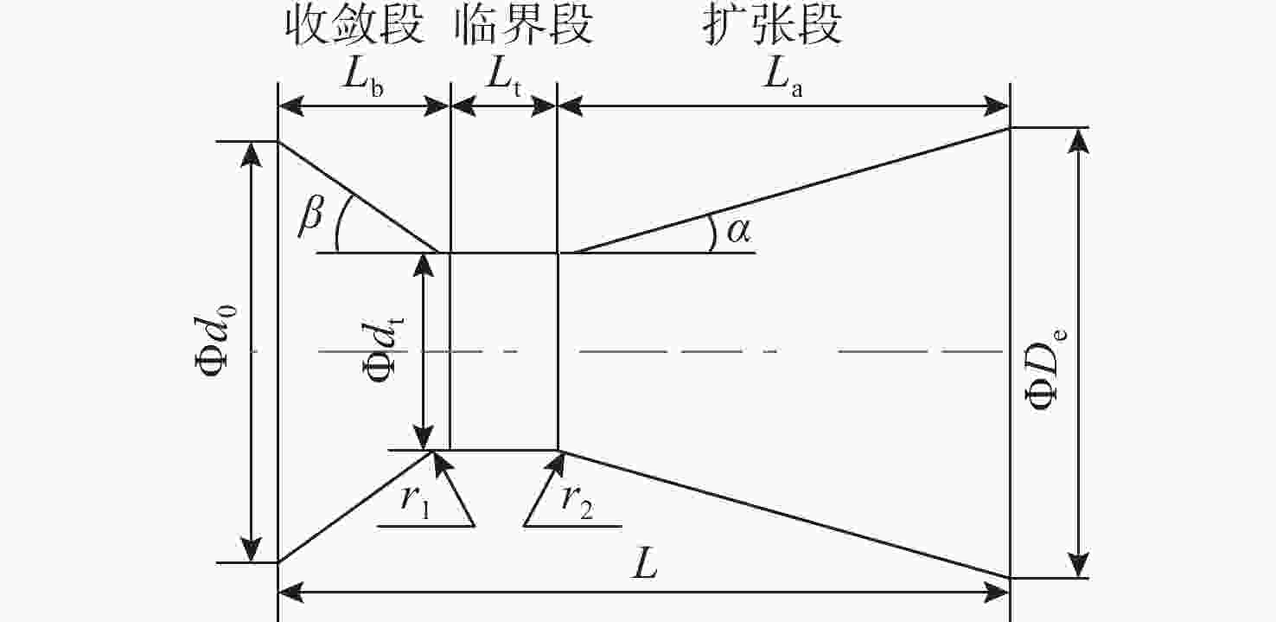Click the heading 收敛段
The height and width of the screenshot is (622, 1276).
coord(355,25)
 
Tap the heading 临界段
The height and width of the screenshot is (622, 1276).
coord(524,25)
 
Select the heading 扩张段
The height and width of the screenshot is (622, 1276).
coord(772,25)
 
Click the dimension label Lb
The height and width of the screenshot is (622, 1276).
coord(363,77)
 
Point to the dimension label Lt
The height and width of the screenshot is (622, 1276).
coord(503,77)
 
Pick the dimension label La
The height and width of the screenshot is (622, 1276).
coord(783,77)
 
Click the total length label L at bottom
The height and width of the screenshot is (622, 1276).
coord(644,566)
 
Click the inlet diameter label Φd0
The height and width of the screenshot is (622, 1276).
coord(214,343)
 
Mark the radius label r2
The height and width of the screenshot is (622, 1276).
coord(577,501)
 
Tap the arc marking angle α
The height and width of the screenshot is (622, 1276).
coord(712,233)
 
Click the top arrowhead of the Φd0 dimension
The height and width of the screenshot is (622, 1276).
coord(252,153)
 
